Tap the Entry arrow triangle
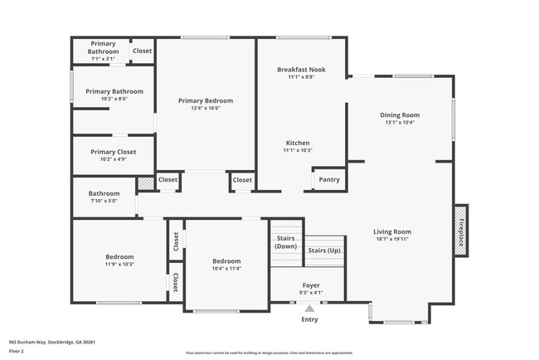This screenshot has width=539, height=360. [309, 309]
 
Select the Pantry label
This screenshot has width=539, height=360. [329, 179]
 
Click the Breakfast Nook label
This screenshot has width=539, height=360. [300, 70]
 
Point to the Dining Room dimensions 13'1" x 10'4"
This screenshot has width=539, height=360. [400, 123]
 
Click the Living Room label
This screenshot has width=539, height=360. [392, 231]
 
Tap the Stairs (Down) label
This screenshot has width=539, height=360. [286, 242]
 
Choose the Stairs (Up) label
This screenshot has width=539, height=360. [323, 250]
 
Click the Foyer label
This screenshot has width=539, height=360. [309, 285]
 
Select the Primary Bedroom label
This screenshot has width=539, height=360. [206, 100]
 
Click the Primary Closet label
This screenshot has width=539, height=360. [113, 152]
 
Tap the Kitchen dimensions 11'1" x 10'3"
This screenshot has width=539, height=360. [298, 150]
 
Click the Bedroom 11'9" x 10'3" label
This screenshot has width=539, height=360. [119, 256]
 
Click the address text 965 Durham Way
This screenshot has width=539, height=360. [52, 341]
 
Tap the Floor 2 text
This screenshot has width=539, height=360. [17, 350]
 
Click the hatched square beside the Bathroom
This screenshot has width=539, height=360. [145, 182]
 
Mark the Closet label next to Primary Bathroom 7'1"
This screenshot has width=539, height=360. [142, 51]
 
